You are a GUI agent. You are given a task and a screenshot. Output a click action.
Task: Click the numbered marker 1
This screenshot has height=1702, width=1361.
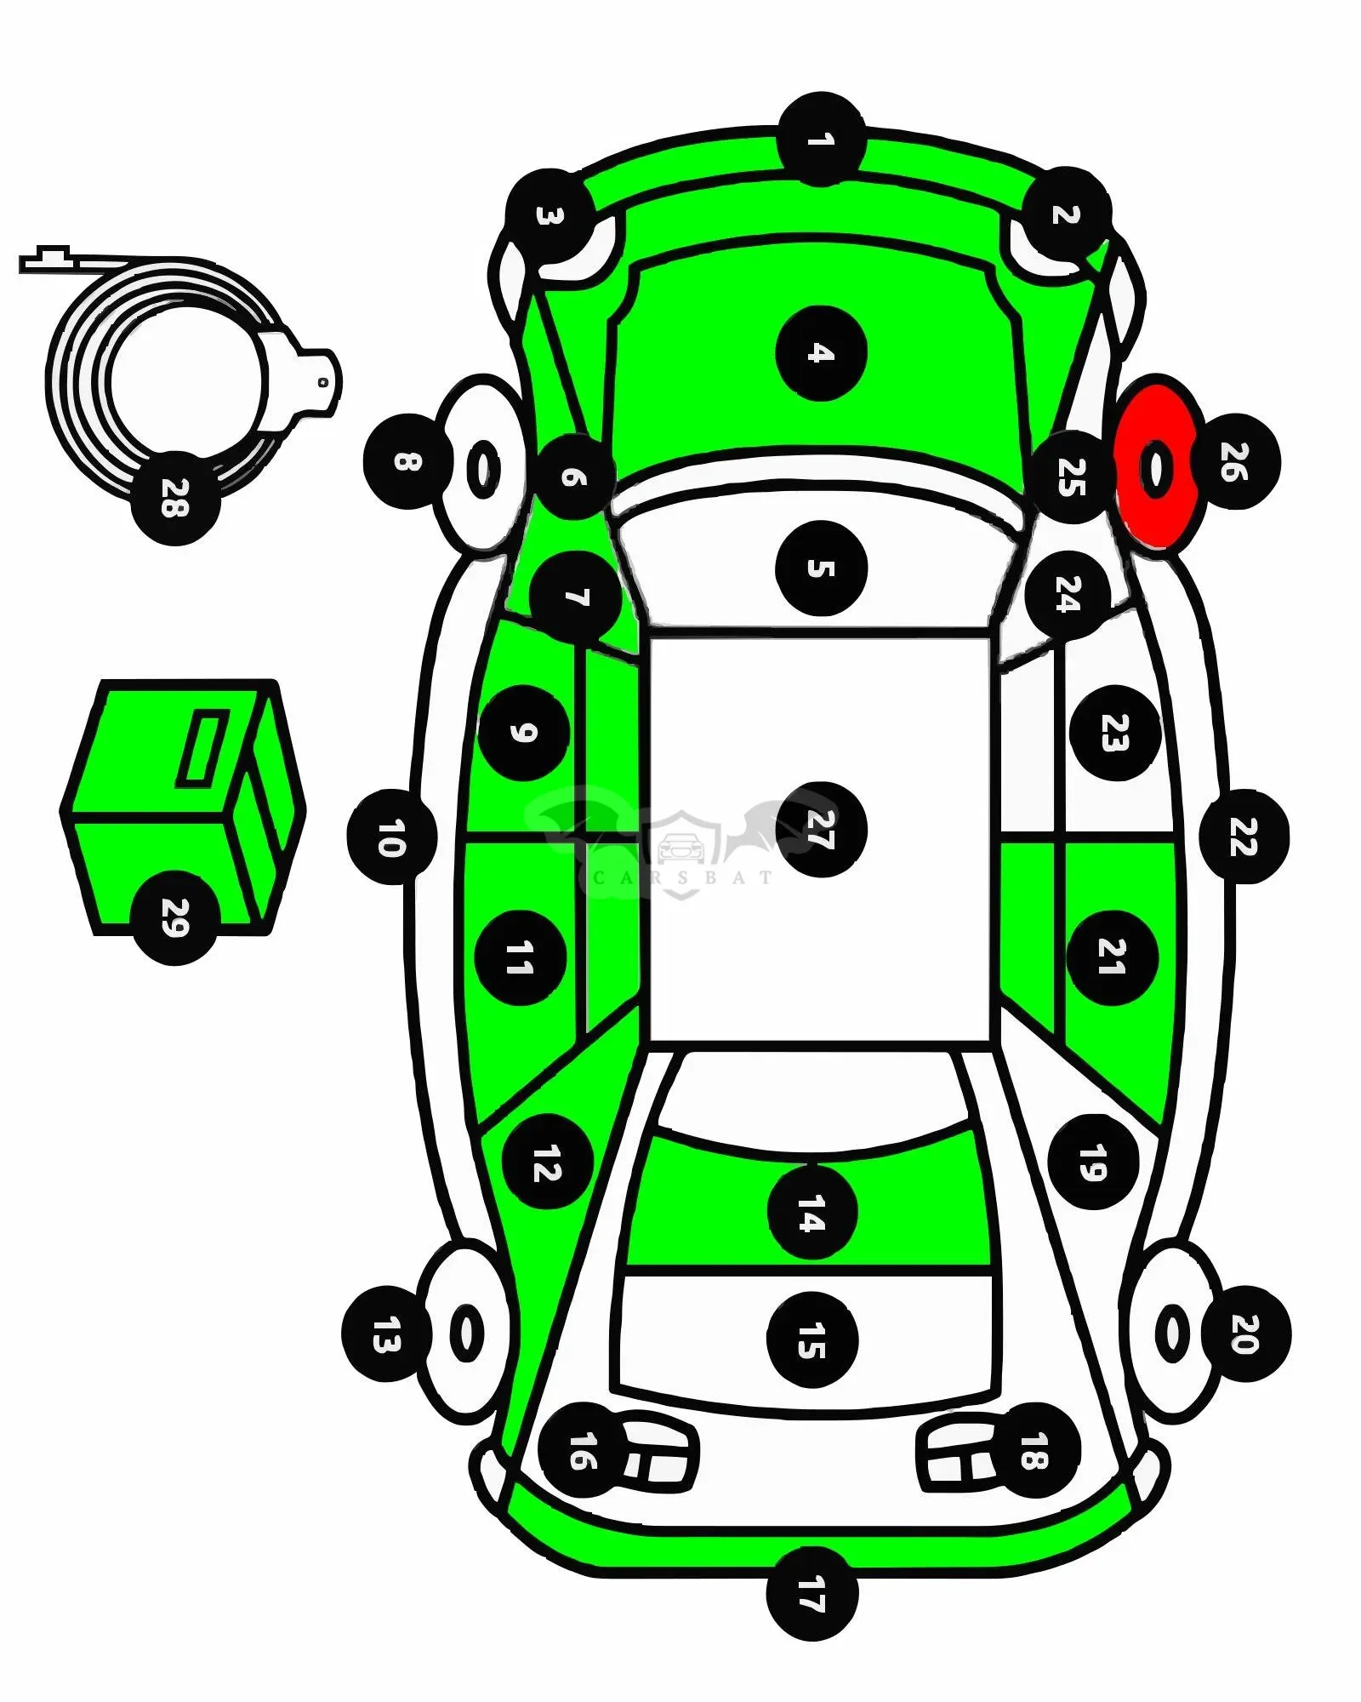pyautogui.click(x=821, y=139)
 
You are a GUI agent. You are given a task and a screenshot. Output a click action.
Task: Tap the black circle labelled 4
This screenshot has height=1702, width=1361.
pyautogui.click(x=821, y=353)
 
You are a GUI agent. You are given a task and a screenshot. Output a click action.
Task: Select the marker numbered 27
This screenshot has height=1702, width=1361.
pyautogui.click(x=821, y=830)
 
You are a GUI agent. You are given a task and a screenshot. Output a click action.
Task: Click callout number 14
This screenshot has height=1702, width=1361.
pyautogui.click(x=812, y=1213)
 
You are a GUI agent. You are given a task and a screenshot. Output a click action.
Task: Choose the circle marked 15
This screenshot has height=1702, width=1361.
pyautogui.click(x=812, y=1340)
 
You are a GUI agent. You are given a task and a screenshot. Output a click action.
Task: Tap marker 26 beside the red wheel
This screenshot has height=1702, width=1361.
pyautogui.click(x=1235, y=462)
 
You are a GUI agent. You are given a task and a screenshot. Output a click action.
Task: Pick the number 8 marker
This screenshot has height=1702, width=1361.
pyautogui.click(x=408, y=462)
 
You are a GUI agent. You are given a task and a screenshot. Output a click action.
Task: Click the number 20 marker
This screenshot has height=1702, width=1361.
pyautogui.click(x=1245, y=1334)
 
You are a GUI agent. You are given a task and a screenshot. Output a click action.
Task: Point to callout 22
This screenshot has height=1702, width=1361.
pyautogui.click(x=1244, y=837)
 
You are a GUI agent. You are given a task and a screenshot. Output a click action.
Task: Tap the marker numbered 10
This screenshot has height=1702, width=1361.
pyautogui.click(x=392, y=837)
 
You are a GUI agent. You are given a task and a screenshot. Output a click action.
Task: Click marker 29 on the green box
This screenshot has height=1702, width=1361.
pyautogui.click(x=175, y=917)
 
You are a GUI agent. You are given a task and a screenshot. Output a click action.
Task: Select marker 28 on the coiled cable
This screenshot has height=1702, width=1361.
pyautogui.click(x=175, y=498)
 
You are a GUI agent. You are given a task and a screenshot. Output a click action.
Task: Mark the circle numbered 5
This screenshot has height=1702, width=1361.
pyautogui.click(x=822, y=568)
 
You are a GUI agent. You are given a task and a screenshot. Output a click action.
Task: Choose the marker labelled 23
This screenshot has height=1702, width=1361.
pyautogui.click(x=1115, y=733)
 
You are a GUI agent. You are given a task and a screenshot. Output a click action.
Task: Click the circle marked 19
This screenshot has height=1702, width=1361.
pyautogui.click(x=1094, y=1162)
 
